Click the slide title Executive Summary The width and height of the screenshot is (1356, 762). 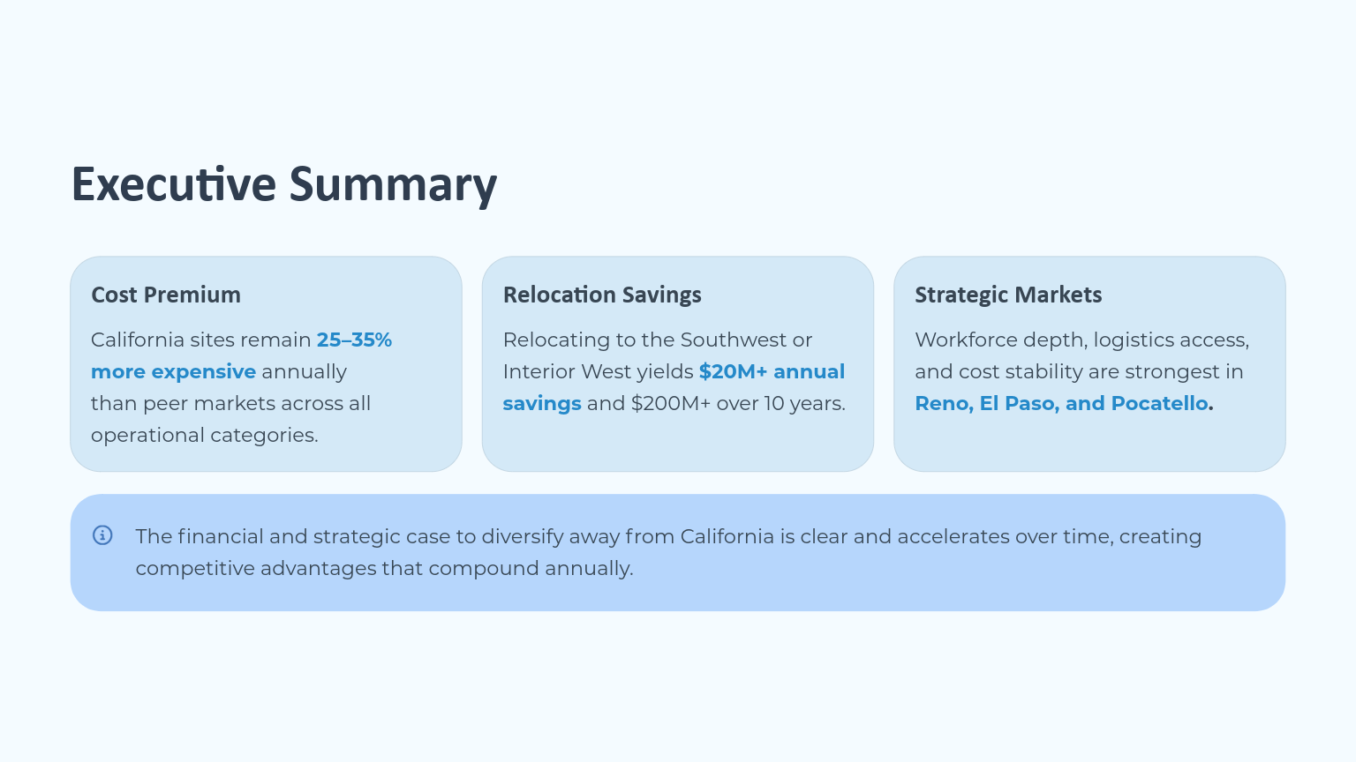[283, 185]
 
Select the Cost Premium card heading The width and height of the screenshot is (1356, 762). [166, 295]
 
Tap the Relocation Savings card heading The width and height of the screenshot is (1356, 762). [602, 295]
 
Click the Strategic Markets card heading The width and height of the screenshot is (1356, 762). [1008, 295]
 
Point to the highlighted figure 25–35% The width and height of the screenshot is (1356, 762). [354, 340]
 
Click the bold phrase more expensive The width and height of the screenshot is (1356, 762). [173, 371]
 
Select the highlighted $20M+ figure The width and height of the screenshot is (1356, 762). [733, 371]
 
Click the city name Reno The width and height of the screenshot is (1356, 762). [942, 403]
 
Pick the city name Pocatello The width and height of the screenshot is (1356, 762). [1159, 403]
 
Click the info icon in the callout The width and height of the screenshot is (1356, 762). [102, 535]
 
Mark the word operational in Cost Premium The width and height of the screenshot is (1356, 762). [141, 435]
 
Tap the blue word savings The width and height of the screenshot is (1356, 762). [542, 403]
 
